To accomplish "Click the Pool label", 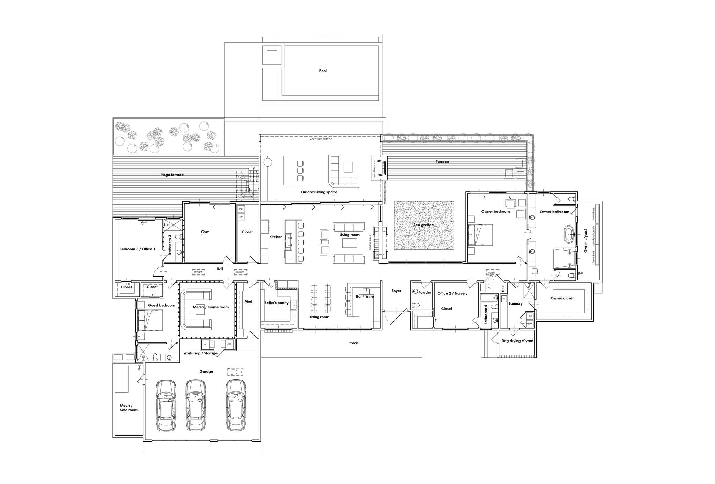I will click(323, 71).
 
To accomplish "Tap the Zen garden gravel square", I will click(424, 225).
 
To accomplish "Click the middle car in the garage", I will click(195, 405).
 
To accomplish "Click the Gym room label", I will click(205, 232).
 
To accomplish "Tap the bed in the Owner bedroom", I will click(480, 235).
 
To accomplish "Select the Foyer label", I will click(396, 291).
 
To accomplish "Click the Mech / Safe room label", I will click(128, 408).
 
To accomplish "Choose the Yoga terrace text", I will click(172, 175).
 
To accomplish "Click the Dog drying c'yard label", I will click(517, 341).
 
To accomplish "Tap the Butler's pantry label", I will click(276, 303).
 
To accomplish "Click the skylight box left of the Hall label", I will click(198, 272).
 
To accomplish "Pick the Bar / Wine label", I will click(364, 296).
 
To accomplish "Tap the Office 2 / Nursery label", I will click(452, 293).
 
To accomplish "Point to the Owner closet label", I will click(562, 298).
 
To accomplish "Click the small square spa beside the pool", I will click(272, 55).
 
